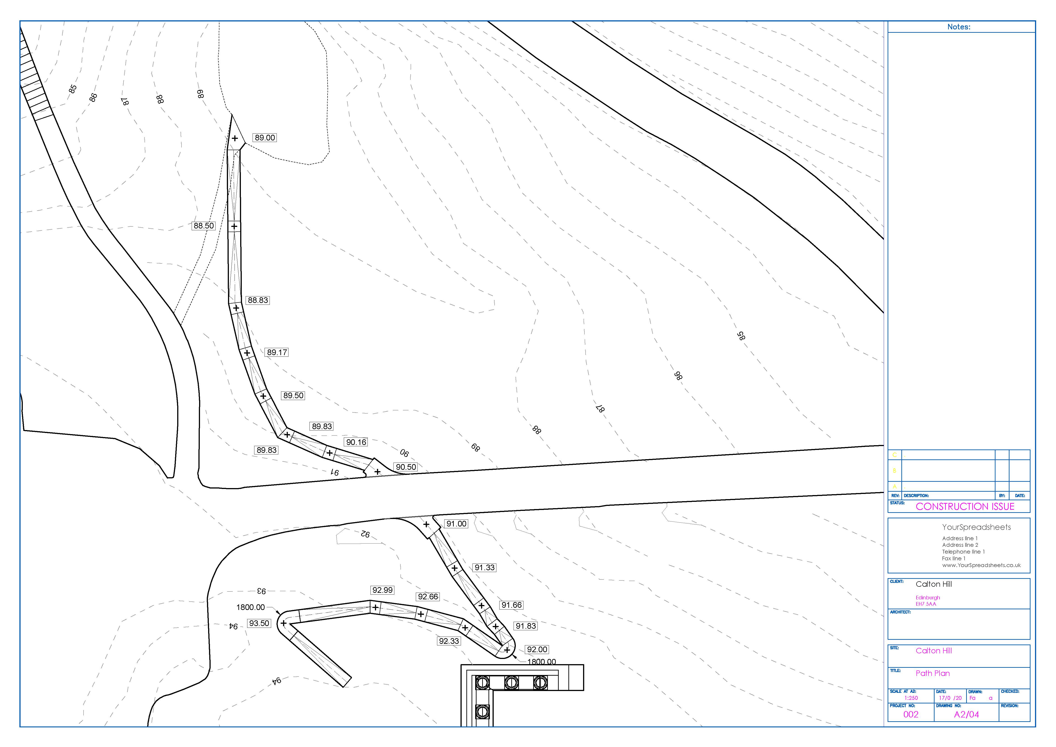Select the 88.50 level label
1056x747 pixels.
coord(203,226)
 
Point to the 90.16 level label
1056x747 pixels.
coord(356,442)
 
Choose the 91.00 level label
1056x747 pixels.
coord(456,524)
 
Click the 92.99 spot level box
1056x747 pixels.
coord(383,590)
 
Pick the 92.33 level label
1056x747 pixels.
coord(449,641)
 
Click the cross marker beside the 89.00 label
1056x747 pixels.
coord(235,138)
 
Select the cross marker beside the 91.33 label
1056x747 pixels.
coord(454,568)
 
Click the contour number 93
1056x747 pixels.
coord(261,591)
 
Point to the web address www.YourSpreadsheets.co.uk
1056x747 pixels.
coord(981,565)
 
